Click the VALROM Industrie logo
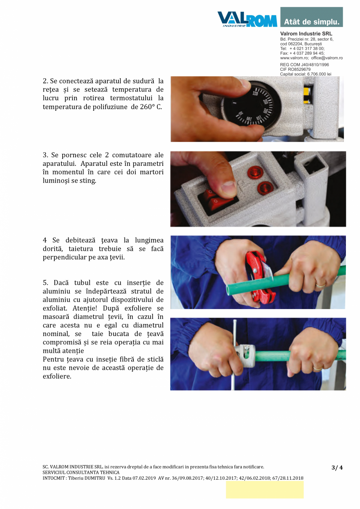coord(247,19)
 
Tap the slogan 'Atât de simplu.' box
coord(311,18)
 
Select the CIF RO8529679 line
coord(295,69)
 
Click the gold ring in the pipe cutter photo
coord(320,285)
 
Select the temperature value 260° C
coord(151,107)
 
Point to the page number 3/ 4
coord(337,468)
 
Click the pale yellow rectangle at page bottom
coord(265,489)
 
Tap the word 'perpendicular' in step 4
coord(64,257)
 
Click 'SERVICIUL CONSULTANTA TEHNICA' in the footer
coord(81,473)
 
